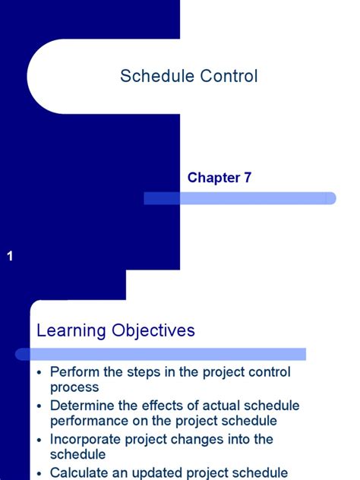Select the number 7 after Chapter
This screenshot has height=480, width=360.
(x=247, y=178)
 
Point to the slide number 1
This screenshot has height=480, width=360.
(x=10, y=257)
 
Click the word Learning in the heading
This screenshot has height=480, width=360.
(x=71, y=330)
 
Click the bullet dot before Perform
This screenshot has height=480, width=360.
(x=40, y=373)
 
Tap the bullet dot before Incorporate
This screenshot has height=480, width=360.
(x=40, y=440)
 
